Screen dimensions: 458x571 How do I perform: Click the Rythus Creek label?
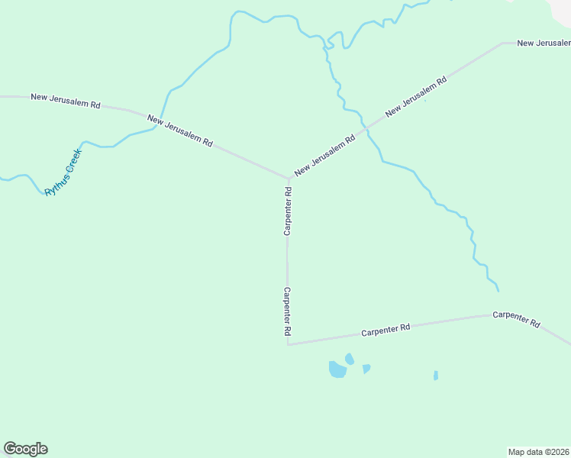coord(63,173)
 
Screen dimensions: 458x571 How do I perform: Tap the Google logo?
coord(25,449)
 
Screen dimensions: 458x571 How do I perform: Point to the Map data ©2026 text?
coord(539,451)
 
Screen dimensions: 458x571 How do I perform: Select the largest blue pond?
coord(337,370)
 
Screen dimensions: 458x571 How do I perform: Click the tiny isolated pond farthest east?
coord(436,376)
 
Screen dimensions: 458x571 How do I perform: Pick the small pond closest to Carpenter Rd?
coord(350,359)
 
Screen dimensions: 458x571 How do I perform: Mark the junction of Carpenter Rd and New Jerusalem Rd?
coord(288,179)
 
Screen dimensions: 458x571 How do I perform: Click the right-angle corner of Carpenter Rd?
coord(288,344)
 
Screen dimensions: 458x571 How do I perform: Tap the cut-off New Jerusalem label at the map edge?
coord(544,43)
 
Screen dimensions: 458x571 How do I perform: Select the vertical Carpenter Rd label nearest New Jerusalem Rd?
coord(289,211)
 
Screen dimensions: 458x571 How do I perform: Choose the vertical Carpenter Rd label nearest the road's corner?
coord(288,311)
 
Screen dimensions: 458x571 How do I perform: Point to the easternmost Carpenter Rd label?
coord(517,319)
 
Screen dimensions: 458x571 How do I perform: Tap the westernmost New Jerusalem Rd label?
coord(66,100)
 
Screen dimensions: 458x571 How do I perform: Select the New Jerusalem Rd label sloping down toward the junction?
coord(180,131)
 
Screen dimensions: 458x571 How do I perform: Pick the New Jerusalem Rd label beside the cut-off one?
coord(416,96)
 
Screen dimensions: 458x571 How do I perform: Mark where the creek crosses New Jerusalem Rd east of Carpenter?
coord(366,127)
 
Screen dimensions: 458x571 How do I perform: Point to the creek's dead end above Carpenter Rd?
coord(498,291)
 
